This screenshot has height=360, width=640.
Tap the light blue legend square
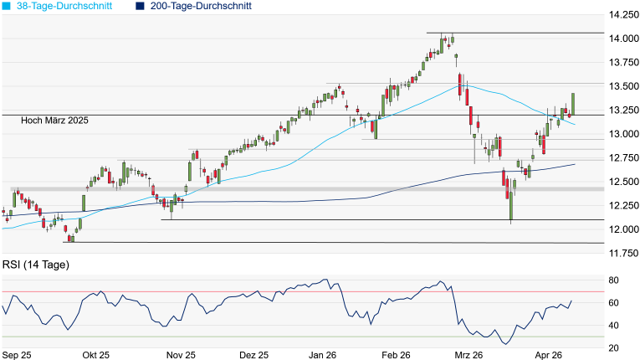click(x=7, y=6)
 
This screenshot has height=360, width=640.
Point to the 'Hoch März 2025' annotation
click(x=56, y=121)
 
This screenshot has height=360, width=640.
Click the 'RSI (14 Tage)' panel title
click(x=35, y=265)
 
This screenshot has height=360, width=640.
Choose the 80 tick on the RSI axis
click(x=613, y=280)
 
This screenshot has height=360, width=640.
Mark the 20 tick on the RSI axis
click(x=613, y=347)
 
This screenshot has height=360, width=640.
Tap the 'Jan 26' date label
click(x=323, y=355)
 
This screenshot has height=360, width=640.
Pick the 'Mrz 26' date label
click(x=466, y=355)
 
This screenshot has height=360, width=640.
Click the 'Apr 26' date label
click(x=548, y=355)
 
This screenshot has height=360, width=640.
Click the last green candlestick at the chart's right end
click(x=573, y=103)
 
